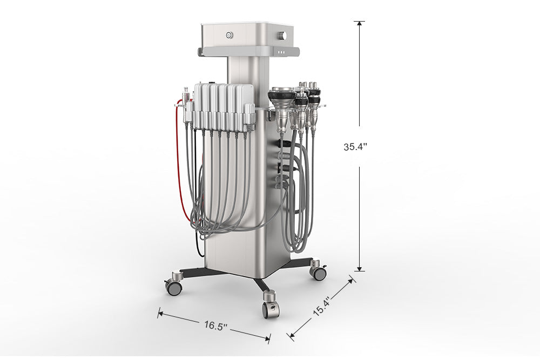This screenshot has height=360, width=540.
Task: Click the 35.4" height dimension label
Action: click(355, 147)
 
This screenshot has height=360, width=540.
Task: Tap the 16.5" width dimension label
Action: click(216, 325)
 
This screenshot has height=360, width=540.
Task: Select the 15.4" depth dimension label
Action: click(322, 307)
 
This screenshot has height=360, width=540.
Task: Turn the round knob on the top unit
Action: click(283, 36)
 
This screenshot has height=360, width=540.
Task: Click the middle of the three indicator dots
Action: click(282, 53)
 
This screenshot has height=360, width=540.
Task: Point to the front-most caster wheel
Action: click(271, 310)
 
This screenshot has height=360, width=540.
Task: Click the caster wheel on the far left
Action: click(173, 287)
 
